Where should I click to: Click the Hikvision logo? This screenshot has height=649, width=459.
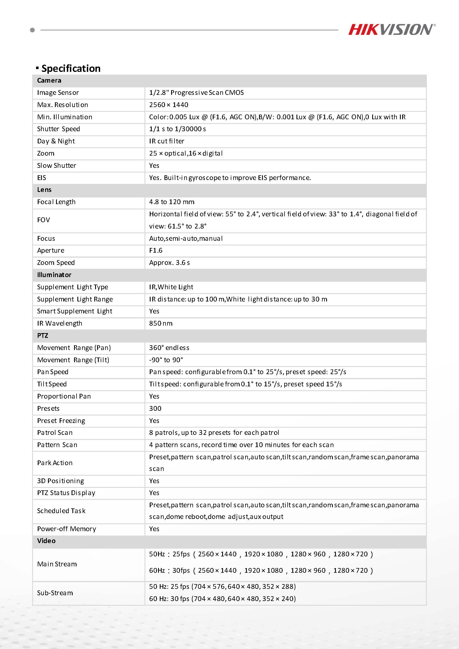point(391,29)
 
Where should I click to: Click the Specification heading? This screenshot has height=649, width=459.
point(71,69)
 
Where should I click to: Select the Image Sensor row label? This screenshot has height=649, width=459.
point(58,93)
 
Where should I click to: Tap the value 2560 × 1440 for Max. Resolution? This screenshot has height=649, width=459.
point(168,105)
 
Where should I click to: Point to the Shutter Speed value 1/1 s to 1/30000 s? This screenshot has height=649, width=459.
point(177,129)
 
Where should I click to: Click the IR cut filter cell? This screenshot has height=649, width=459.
point(166,141)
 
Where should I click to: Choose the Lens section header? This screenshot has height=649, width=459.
point(44,190)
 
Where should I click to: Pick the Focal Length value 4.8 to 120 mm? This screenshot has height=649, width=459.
point(172,202)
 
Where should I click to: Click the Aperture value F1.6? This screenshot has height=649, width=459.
point(156,250)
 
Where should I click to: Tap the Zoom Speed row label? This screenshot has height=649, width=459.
point(56,263)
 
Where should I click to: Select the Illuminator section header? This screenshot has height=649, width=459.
point(54,275)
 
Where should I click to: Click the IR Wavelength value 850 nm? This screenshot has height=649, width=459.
point(161,323)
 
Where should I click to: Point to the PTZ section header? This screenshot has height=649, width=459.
point(43,336)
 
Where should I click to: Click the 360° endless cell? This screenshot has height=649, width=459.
point(169,348)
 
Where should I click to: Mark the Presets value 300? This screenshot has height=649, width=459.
point(155,409)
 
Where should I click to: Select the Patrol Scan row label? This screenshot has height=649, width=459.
point(55,433)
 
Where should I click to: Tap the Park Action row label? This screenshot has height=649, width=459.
point(55,463)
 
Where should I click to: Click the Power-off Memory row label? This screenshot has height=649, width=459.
point(66,529)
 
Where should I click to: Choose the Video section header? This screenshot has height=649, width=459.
point(46,541)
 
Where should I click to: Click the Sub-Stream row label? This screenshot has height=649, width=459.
point(55,593)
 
